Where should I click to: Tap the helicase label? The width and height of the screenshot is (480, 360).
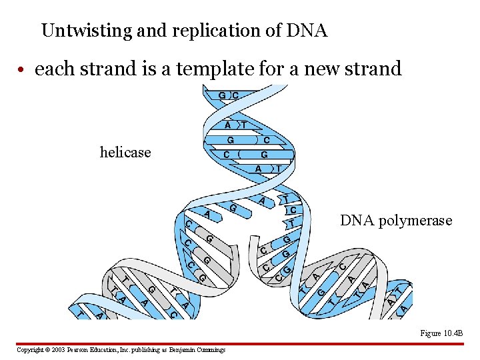coord(125,153)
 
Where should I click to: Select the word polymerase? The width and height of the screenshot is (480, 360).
coord(414,221)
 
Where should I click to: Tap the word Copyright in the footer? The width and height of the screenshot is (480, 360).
coord(30,349)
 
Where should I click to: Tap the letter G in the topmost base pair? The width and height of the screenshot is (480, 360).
coord(222,95)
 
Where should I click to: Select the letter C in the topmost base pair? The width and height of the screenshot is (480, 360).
coord(235,95)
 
